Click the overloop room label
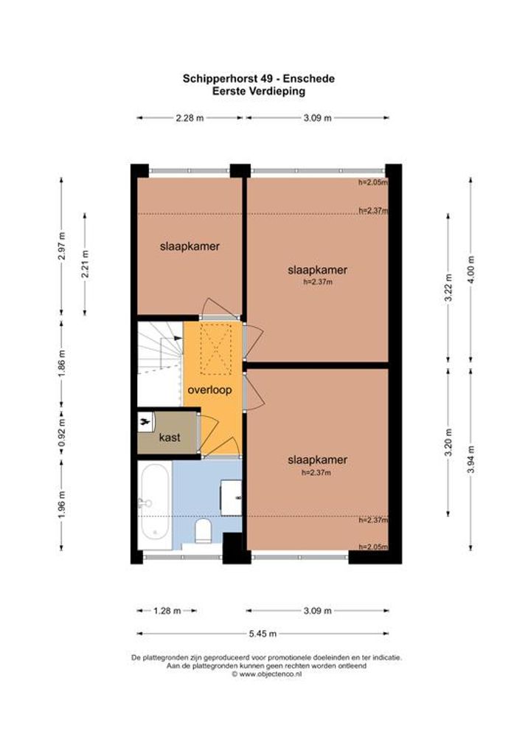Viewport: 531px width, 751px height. coord(209,390)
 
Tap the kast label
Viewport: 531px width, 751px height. coord(170,437)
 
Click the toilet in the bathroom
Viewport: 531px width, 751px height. coord(204,532)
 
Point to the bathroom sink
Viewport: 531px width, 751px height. coord(231,498)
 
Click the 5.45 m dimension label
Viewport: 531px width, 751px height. coord(263,634)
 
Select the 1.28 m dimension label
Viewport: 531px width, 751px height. coord(167,611)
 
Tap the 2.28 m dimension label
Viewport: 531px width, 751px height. coord(190,118)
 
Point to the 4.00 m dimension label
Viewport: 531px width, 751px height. coord(471,270)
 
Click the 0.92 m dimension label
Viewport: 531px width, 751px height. coord(61,432)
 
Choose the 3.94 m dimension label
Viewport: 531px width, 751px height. coord(471,460)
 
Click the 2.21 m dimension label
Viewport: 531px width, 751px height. coord(85,264)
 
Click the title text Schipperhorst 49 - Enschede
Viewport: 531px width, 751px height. coord(259,78)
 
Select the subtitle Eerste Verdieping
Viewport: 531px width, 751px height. coord(259,91)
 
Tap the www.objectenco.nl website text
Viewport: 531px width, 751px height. coord(267,674)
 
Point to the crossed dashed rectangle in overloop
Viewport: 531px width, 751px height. coord(215,349)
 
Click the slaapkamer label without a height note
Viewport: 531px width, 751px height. coord(190,246)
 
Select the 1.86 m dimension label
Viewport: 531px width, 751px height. coord(61,364)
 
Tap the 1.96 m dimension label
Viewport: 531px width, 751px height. coord(61,505)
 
